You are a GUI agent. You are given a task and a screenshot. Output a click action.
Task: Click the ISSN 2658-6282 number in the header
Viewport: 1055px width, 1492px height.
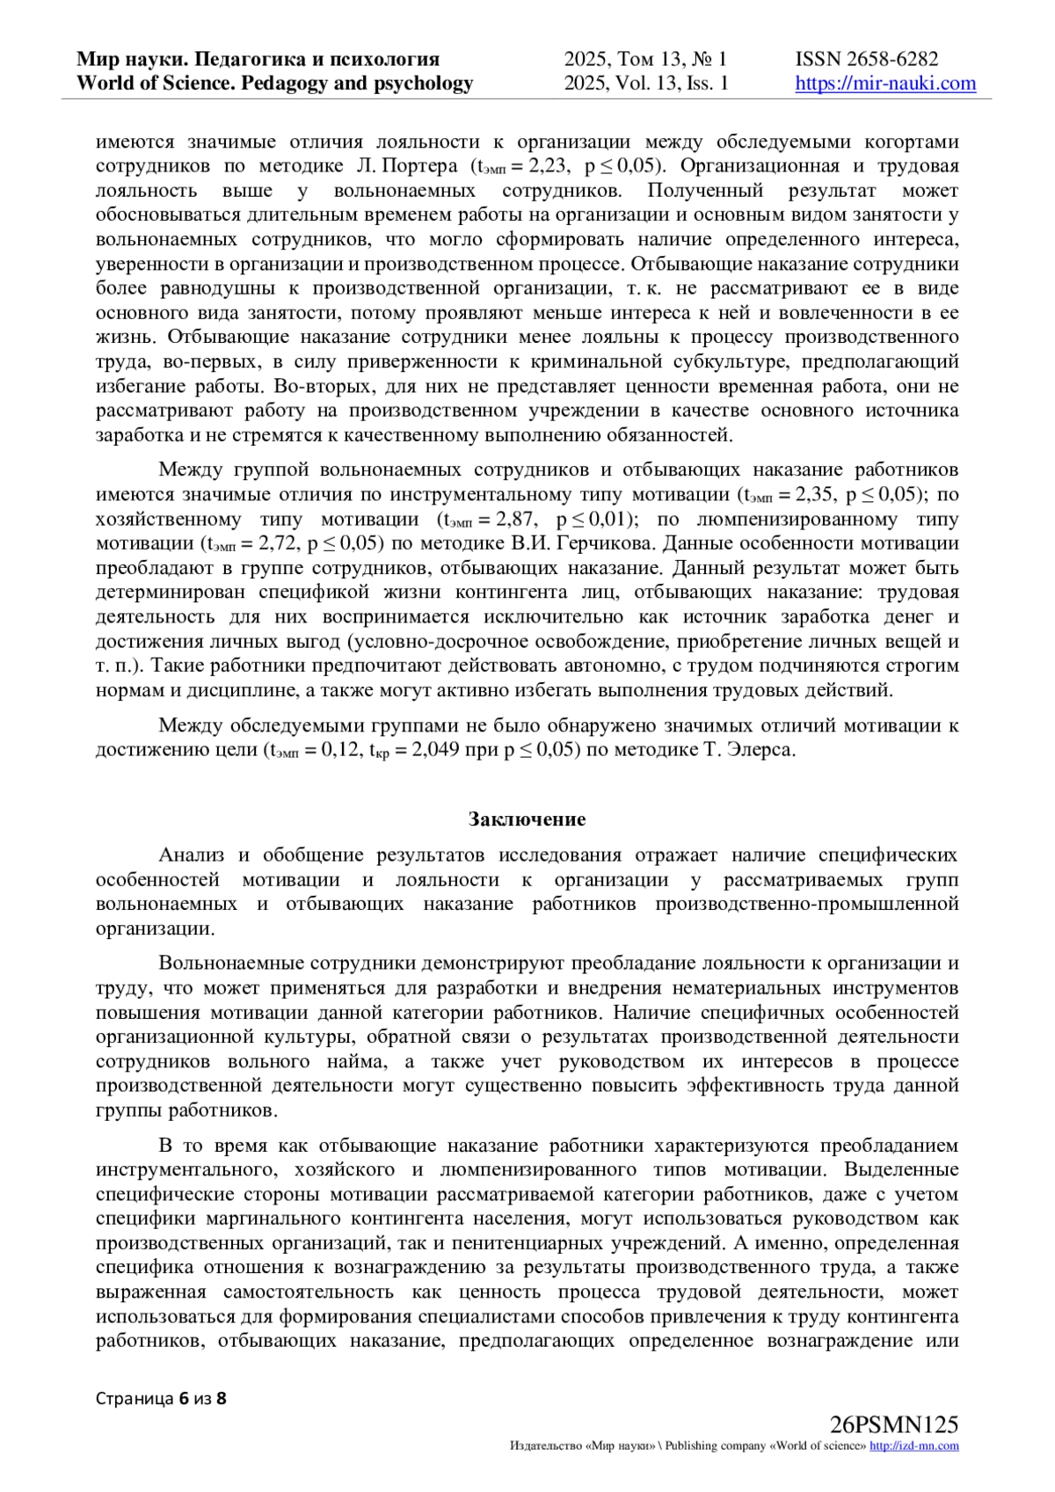tap(867, 59)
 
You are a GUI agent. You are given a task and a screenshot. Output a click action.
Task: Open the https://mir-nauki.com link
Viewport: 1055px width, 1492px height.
tap(885, 84)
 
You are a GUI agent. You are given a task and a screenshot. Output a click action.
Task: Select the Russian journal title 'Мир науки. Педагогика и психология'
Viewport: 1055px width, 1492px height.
tap(258, 59)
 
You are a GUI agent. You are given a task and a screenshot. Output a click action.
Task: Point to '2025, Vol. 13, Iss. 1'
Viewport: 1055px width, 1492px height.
tap(646, 84)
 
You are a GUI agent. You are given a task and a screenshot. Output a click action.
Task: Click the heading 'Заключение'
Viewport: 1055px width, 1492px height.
tap(527, 819)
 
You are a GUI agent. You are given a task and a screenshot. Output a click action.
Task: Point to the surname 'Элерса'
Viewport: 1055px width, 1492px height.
tap(762, 751)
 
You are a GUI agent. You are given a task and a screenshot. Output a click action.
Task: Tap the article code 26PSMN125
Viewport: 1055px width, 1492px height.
tap(893, 1425)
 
